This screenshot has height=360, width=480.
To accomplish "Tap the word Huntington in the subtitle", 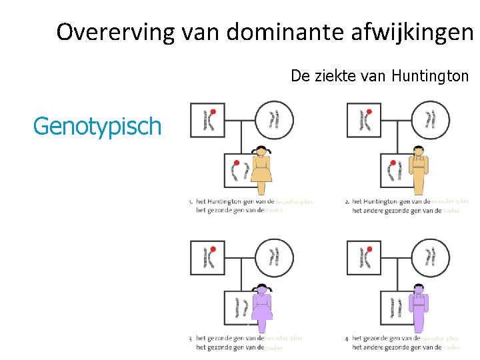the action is [x=430, y=76].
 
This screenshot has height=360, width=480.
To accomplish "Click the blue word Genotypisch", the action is [x=97, y=125].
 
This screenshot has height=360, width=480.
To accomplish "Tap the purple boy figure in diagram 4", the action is [x=419, y=308].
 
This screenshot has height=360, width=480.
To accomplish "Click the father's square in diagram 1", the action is [x=207, y=120].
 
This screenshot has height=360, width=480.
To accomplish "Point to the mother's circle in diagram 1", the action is [x=275, y=120].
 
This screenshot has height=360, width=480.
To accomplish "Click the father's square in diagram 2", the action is [x=364, y=120].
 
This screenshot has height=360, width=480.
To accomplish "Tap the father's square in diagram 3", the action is [x=207, y=258].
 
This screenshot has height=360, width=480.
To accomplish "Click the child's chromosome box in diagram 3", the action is [x=239, y=308].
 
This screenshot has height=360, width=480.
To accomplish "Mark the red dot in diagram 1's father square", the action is [x=213, y=111].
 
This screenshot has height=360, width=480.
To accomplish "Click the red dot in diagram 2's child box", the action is [x=393, y=163].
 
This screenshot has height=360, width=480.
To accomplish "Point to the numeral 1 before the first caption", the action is [x=190, y=201].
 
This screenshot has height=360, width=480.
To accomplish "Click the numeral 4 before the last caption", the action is [x=347, y=339].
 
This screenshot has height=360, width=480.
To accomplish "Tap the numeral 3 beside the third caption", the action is [x=191, y=339].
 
